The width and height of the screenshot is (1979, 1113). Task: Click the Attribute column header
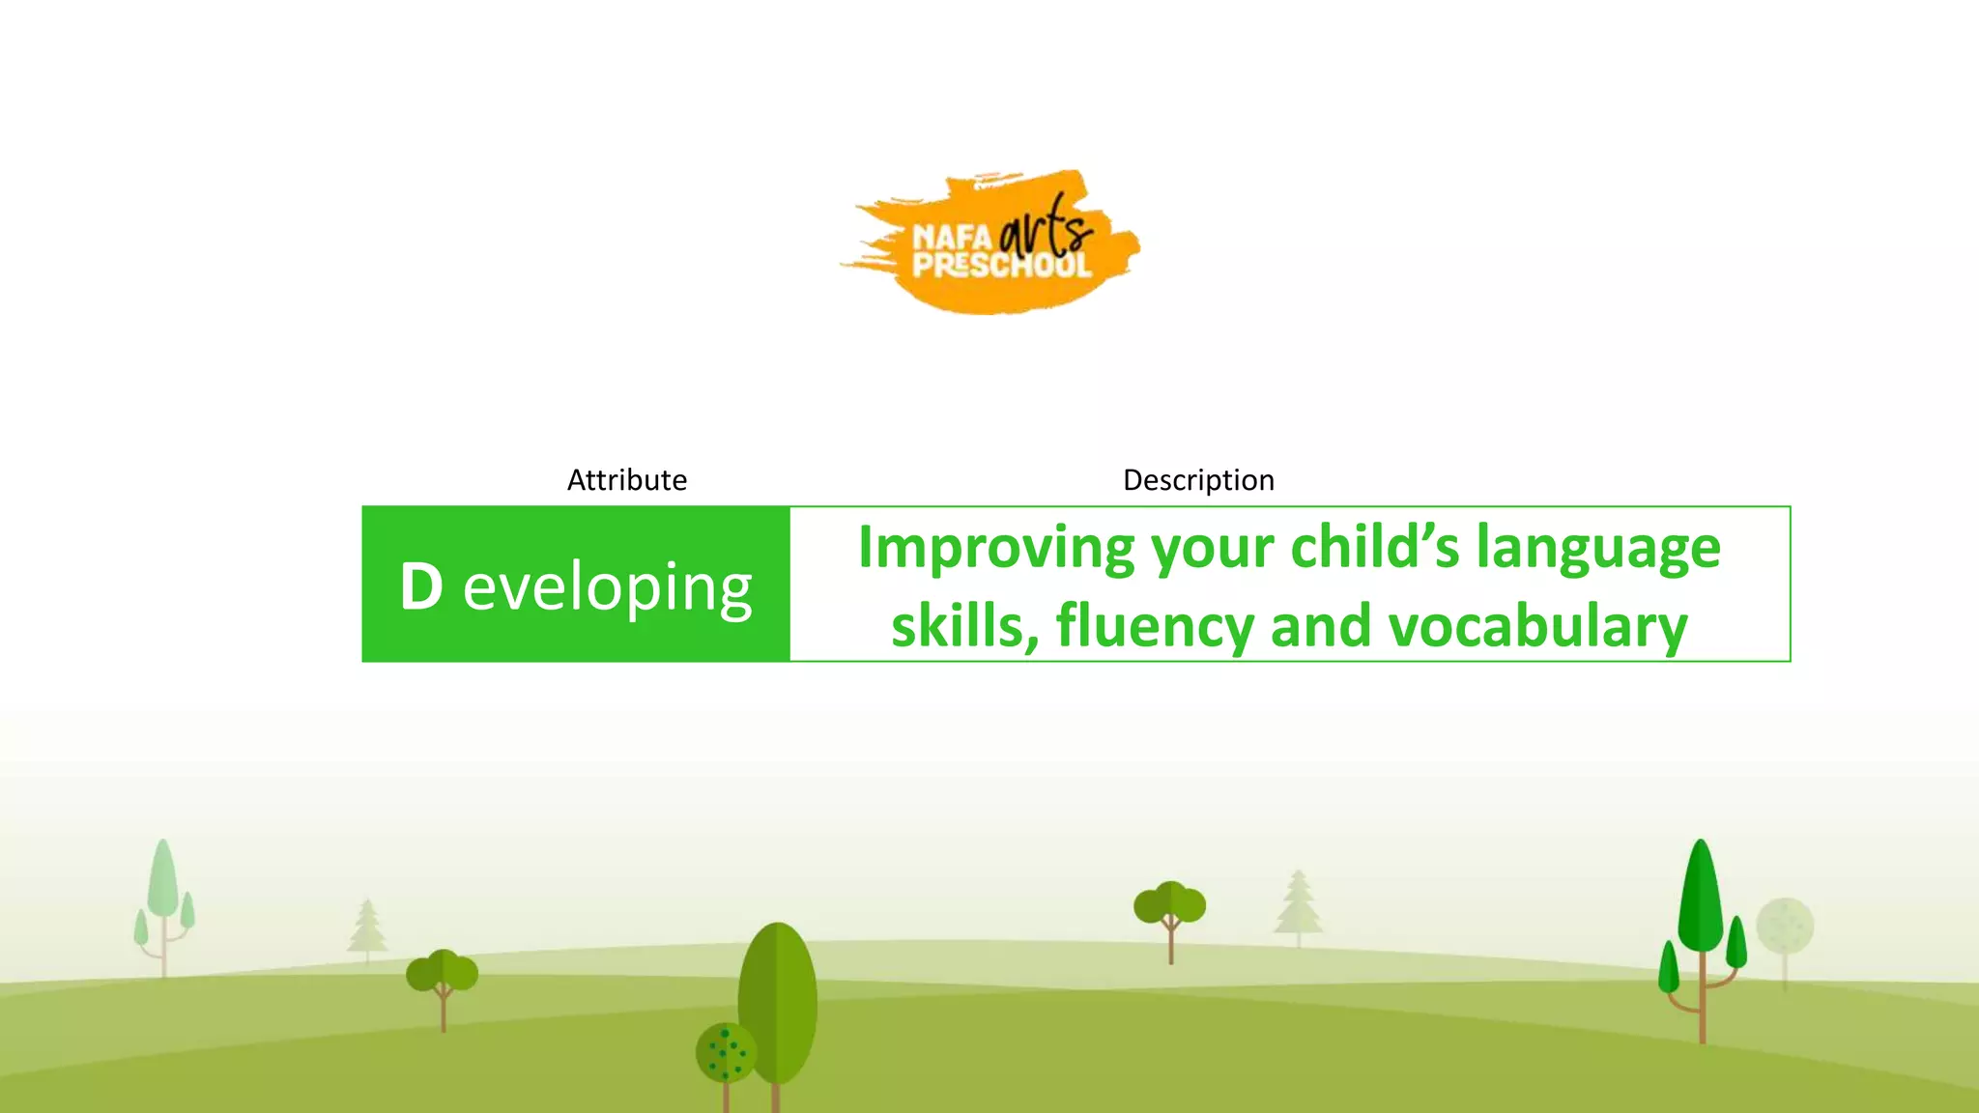(626, 480)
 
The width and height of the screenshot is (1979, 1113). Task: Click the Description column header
(1198, 480)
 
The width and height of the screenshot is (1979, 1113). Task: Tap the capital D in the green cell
(421, 586)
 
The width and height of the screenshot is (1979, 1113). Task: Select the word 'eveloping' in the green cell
(607, 588)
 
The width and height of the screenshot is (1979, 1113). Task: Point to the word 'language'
(1598, 548)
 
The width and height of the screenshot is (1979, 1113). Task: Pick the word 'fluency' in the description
(1155, 626)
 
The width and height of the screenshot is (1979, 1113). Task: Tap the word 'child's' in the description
(1375, 548)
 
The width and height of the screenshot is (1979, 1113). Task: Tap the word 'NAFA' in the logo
(952, 237)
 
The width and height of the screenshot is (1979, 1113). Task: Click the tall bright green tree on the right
(1701, 899)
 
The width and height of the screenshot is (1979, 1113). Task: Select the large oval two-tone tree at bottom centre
(778, 1000)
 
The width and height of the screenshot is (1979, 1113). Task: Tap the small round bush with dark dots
(726, 1053)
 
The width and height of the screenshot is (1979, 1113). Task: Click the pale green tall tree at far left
(163, 884)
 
